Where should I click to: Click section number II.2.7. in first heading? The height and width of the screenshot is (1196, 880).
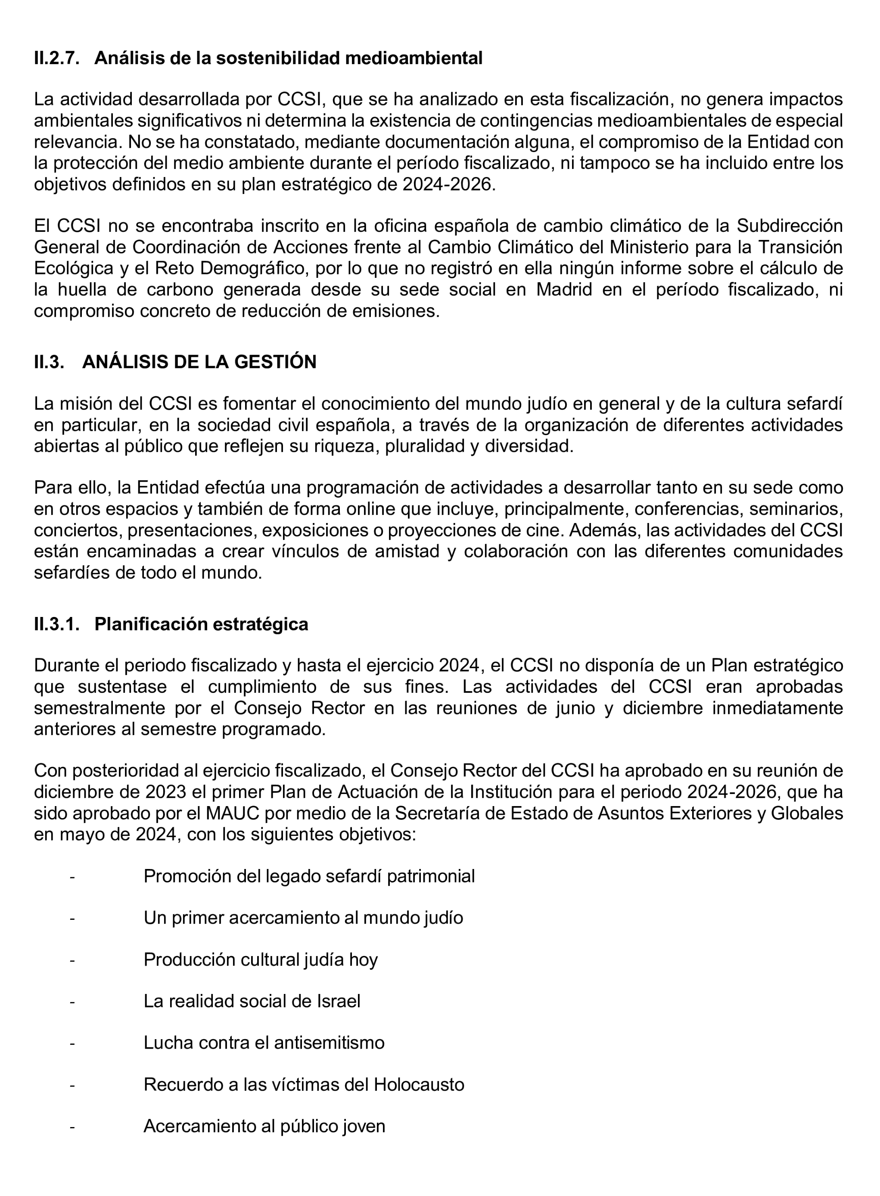click(56, 58)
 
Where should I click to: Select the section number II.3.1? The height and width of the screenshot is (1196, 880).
click(56, 624)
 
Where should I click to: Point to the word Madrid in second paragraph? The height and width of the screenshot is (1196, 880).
click(563, 290)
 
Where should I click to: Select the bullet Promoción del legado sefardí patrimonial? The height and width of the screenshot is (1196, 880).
click(309, 876)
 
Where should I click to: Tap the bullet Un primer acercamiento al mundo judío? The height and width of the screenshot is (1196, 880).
click(303, 918)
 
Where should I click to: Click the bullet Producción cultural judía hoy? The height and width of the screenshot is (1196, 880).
click(261, 959)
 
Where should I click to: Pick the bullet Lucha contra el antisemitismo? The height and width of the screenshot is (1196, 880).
click(264, 1043)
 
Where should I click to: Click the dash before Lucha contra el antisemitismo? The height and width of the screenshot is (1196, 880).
click(72, 1043)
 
